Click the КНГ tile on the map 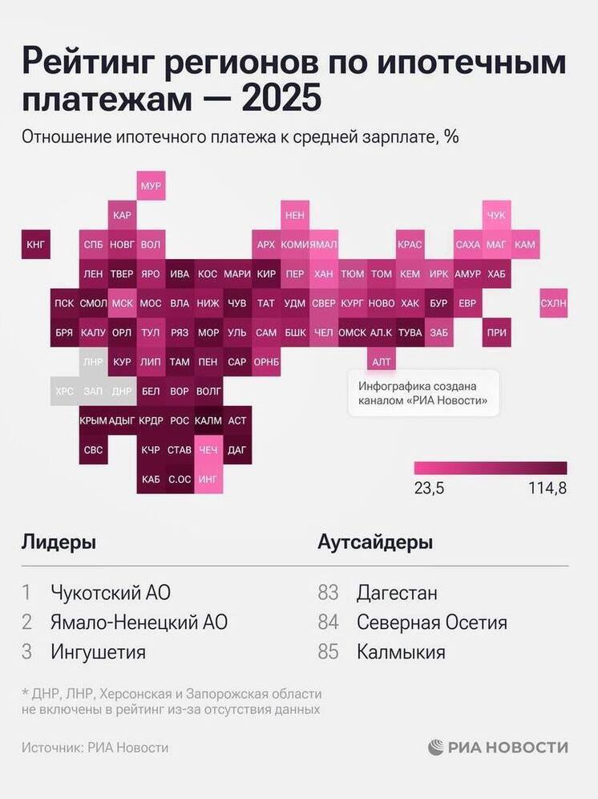point(36,244)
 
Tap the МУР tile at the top point(151,186)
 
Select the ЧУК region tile point(496,215)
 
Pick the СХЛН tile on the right point(553,302)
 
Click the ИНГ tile point(208,479)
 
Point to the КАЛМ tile point(208,420)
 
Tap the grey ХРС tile point(64,391)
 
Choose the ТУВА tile point(410,332)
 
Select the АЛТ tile point(382,362)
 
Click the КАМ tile point(525,244)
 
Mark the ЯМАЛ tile point(324,244)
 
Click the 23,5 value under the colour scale point(429,488)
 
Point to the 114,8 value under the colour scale point(547,488)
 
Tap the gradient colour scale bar point(491,468)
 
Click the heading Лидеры point(59,542)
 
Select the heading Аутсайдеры point(375,542)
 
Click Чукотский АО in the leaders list point(111,593)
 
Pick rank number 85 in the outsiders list point(329,651)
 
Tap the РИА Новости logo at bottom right point(498,747)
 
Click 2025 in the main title point(281,100)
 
